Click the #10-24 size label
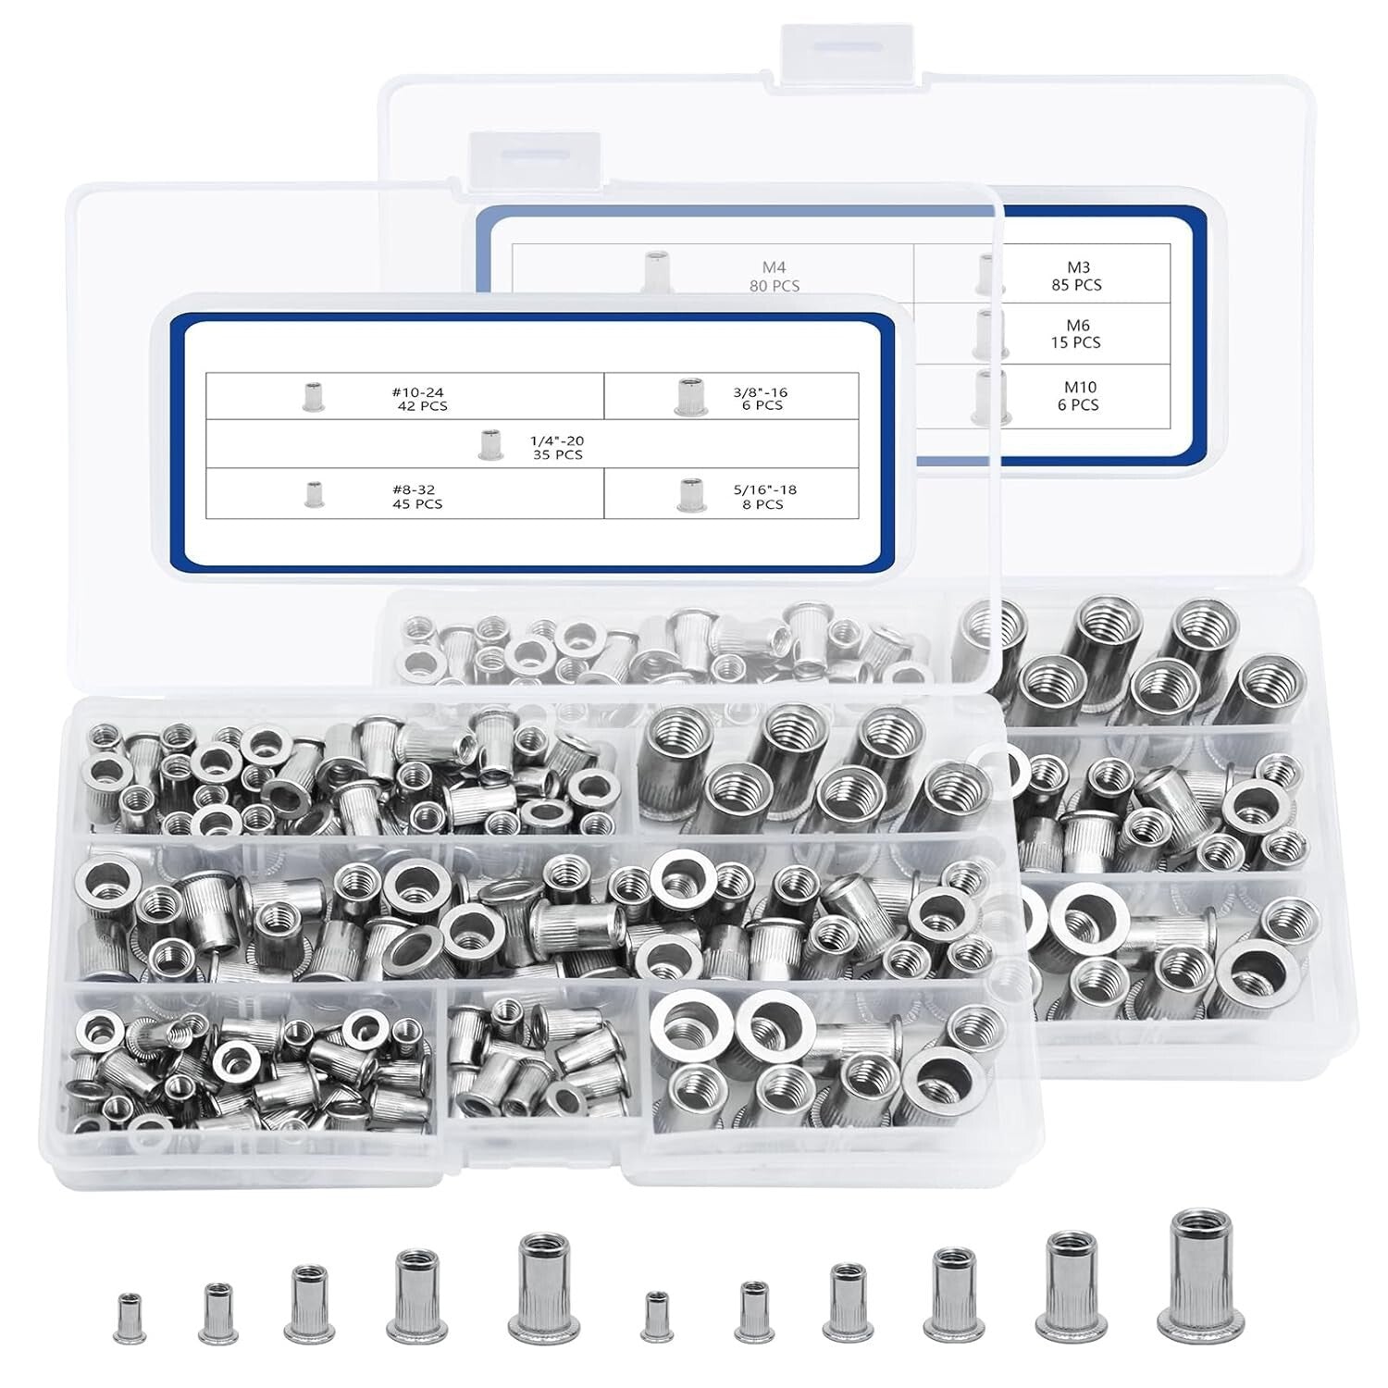tap(416, 392)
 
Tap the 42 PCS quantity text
tap(416, 405)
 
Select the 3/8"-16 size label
tap(762, 392)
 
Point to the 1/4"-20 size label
tap(557, 441)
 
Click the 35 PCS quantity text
tap(557, 455)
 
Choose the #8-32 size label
tap(416, 490)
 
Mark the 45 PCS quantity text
tap(416, 504)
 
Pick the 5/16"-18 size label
tap(762, 490)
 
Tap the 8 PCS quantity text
tap(762, 504)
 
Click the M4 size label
tap(775, 268)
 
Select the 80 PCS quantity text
tap(775, 285)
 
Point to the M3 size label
tap(1076, 268)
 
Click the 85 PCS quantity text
tap(1076, 285)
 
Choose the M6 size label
tap(1076, 326)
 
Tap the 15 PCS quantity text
tap(1076, 342)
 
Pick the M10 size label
tap(1077, 388)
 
